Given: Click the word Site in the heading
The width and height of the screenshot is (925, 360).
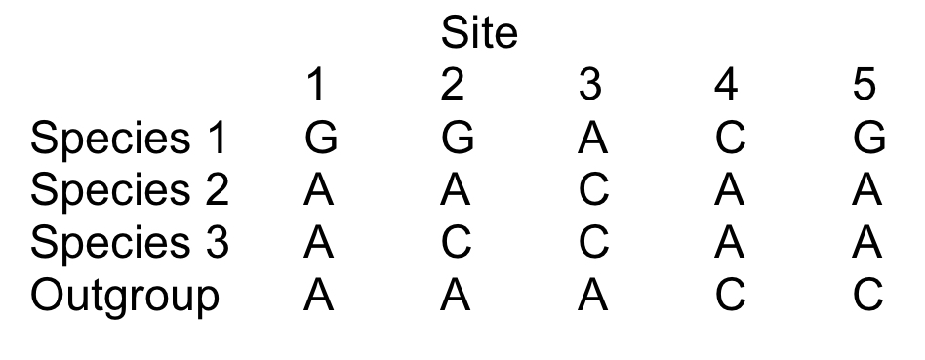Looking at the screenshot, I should point(479,35).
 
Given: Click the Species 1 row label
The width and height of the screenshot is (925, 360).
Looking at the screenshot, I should point(128,140).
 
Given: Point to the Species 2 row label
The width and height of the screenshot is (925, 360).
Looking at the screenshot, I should point(128,191).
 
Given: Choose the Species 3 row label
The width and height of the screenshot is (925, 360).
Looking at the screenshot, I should point(128,243).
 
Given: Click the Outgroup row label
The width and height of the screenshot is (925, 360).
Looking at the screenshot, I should point(124,296).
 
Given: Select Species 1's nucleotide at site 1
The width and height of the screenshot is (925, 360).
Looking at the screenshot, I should point(320,140).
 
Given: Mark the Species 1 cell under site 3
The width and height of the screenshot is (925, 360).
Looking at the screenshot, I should point(591,140).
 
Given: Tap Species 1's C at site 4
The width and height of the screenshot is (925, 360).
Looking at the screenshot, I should point(727,140).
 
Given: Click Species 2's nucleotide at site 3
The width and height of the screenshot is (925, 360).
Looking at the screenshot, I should point(591,191).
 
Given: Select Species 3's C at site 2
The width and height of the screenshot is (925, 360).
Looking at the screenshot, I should point(456,243).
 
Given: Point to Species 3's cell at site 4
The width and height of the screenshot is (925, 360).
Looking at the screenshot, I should point(727,243).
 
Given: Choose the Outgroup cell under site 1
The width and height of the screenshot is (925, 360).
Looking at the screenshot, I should point(320,295).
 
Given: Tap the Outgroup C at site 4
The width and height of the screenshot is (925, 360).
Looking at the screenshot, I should point(727,295).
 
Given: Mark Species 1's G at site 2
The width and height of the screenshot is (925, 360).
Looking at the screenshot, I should point(456,140).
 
